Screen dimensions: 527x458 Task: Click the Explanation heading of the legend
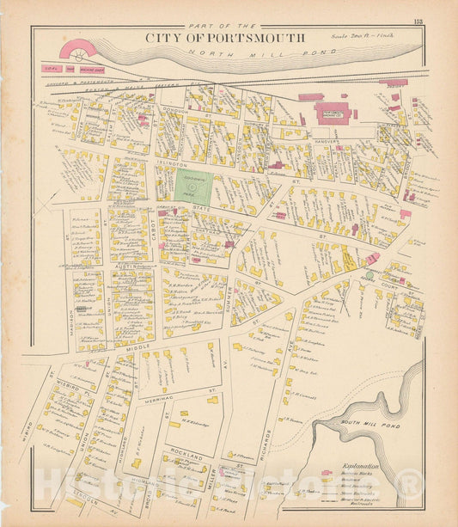pyautogui.click(x=360, y=465)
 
